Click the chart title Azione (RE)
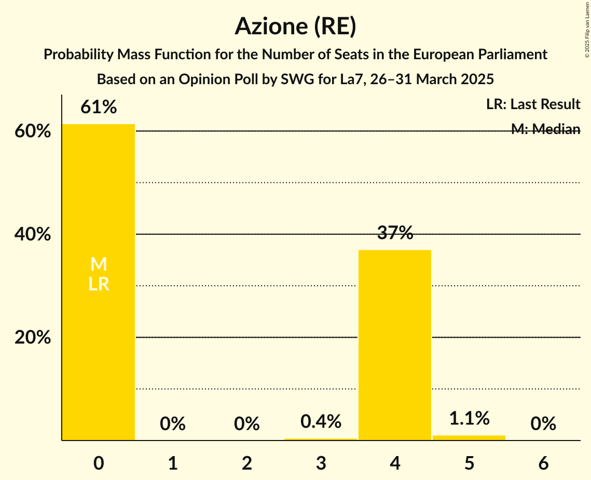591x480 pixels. [x=295, y=26]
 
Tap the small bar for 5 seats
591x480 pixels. [x=469, y=438]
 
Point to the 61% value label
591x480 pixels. [x=99, y=108]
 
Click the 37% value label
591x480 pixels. [x=395, y=234]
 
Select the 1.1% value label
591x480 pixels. [x=469, y=418]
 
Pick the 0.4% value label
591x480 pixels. [x=321, y=421]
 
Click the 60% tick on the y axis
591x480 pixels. [x=33, y=131]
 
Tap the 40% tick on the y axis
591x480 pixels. [x=33, y=235]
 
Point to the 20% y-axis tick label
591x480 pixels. [x=33, y=338]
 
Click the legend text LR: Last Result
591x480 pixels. [x=533, y=104]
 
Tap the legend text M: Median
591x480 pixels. [x=545, y=129]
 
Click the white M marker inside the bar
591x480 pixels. [x=99, y=264]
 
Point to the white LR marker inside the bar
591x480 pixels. [x=99, y=284]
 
